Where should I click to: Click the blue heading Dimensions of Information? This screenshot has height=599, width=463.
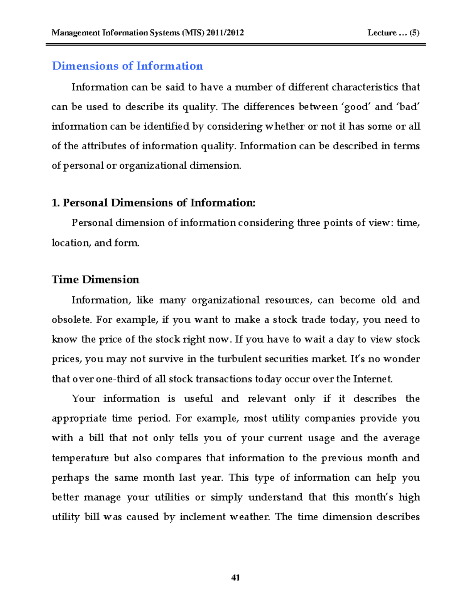click(x=127, y=66)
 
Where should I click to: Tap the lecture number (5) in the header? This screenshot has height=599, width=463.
click(x=414, y=33)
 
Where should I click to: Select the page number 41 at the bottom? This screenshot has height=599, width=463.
click(x=235, y=577)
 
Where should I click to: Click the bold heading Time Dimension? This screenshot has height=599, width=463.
click(x=95, y=279)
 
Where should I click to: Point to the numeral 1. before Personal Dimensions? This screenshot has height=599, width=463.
click(x=56, y=203)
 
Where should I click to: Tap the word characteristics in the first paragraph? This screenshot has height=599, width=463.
click(x=365, y=87)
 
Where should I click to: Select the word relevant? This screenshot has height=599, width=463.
click(x=267, y=398)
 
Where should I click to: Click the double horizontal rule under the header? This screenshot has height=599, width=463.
click(x=235, y=45)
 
